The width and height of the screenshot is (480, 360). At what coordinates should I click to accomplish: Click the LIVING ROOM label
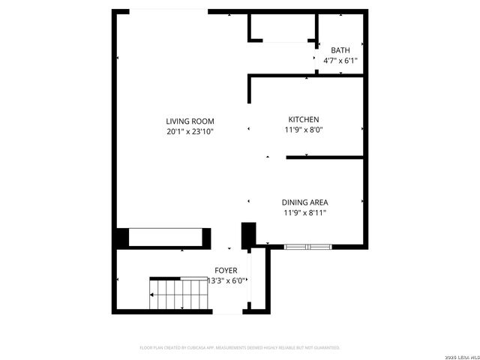coord(190,121)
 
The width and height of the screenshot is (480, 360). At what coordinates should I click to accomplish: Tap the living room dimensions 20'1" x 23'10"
coord(190,131)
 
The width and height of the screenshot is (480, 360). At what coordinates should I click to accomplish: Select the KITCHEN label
coord(304,119)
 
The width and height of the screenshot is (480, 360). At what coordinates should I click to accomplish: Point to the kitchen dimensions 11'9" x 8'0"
coord(304,129)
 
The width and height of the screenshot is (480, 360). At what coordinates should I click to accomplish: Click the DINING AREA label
coord(304,202)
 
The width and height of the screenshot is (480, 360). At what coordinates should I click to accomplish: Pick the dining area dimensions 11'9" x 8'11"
coord(304,212)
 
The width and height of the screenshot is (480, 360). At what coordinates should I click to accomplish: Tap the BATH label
coord(340,50)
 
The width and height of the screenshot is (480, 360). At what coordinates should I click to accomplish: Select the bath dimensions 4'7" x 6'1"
coord(340,60)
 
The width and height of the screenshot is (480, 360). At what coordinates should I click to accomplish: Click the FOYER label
coord(226,270)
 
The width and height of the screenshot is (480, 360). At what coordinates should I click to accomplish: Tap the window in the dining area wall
coord(307,246)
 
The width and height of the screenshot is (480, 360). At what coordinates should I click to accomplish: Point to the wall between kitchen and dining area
coord(324,157)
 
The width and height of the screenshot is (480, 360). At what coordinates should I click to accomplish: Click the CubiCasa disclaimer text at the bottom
coord(240,347)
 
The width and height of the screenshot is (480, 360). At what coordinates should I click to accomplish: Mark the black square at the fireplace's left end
coord(122,238)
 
